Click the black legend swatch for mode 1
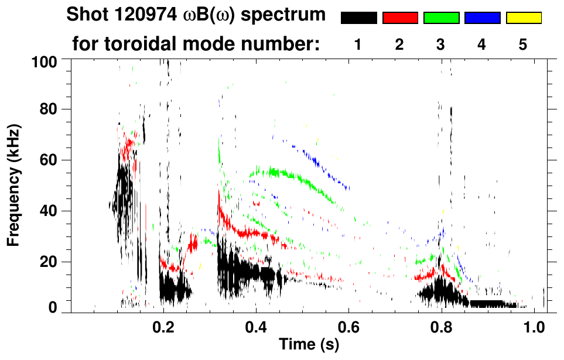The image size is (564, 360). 358,18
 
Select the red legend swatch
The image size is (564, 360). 400,18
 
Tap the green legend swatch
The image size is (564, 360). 441,18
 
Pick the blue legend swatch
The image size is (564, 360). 482,18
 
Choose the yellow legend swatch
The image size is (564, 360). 523,18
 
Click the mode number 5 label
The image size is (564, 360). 523,44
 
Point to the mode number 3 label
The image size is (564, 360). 440,44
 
